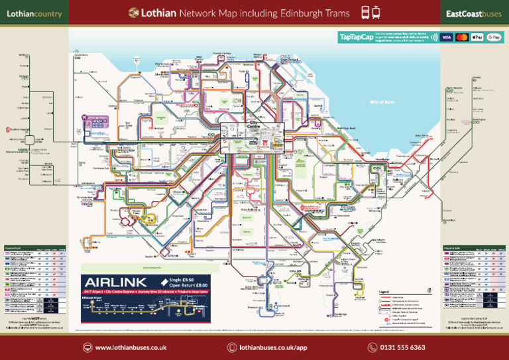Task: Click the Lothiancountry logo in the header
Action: click(x=34, y=14)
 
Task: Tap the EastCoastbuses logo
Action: click(x=473, y=14)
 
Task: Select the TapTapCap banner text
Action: click(x=356, y=37)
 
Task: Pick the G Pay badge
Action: click(x=494, y=37)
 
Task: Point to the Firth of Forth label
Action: click(x=381, y=102)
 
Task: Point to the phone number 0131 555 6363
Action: click(x=402, y=347)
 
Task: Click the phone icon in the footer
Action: click(x=372, y=347)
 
